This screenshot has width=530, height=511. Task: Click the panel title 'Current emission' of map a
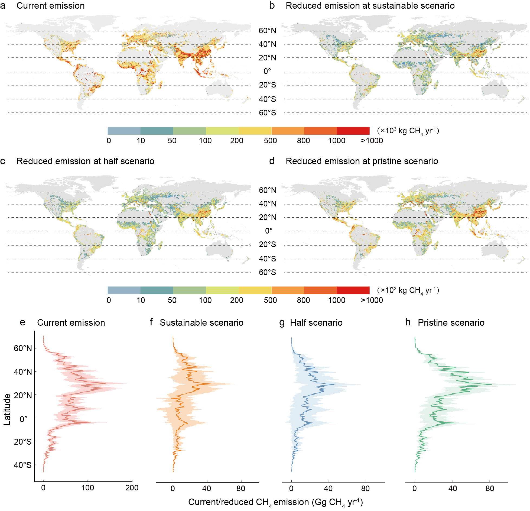point(50,6)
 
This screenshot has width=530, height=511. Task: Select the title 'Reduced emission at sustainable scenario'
point(370,6)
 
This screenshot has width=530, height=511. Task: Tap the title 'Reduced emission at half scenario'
point(85,161)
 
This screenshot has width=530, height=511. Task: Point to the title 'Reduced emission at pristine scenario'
point(362,161)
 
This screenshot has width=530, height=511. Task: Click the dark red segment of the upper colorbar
point(353,131)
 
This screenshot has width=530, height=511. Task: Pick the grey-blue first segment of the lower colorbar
point(124,290)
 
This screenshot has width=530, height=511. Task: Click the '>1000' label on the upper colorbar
point(372,141)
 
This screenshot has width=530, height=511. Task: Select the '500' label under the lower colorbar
point(270,300)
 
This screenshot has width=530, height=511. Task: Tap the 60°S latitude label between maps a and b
point(267,113)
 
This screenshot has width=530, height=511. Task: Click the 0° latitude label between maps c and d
point(269,231)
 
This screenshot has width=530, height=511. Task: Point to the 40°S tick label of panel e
point(23,465)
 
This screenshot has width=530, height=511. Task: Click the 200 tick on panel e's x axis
point(132,488)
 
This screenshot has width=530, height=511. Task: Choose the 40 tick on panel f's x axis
point(206,489)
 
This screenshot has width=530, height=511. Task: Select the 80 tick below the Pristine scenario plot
point(490,489)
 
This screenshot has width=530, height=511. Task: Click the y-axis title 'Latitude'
point(7,409)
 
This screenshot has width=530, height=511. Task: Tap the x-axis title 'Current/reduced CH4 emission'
point(275,502)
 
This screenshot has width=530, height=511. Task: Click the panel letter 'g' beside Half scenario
point(282,323)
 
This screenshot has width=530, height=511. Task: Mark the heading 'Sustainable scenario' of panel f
point(201,323)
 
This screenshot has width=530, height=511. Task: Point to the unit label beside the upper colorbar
point(408,131)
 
